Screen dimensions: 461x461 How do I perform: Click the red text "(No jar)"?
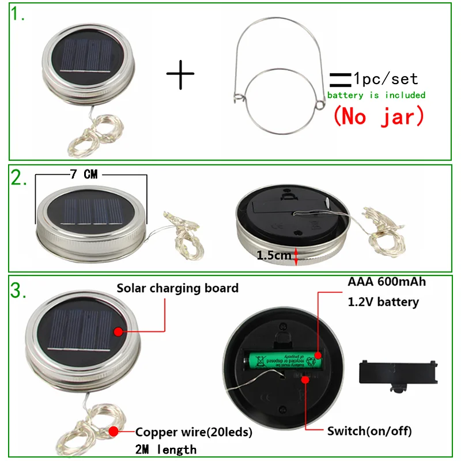379,116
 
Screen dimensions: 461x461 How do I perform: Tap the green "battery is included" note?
376,95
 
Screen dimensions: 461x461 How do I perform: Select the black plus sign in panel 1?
180,74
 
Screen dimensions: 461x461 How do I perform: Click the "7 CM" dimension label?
85,175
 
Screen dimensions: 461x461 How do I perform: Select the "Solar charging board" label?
177,288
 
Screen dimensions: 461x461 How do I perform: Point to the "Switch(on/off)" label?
369,430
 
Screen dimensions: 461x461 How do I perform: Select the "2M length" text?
165,449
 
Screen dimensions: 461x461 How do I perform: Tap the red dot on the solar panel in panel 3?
118,331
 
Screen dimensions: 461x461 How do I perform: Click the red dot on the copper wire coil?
114,431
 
